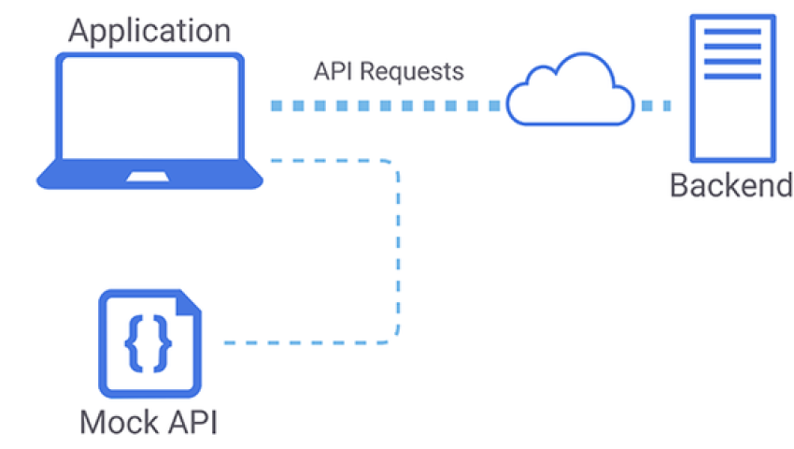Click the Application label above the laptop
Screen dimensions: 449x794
pos(149,30)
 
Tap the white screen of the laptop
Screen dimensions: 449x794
pos(149,109)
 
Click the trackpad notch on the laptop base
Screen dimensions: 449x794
pos(149,176)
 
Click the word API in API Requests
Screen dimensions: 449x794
pos(333,71)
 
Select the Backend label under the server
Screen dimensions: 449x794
pos(731,185)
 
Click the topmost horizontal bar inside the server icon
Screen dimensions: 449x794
pos(731,36)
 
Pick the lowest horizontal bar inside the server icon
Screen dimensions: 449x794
pos(731,75)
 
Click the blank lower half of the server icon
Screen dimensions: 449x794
pos(731,122)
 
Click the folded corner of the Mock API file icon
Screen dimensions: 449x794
pos(190,303)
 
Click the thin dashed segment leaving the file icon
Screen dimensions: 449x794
pos(299,341)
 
